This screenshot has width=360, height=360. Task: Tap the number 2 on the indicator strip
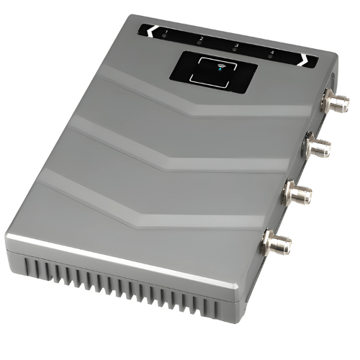(201, 37)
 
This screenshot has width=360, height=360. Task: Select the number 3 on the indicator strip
(236, 45)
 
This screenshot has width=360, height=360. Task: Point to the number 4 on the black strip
(271, 52)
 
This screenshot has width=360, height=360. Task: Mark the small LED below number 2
(199, 43)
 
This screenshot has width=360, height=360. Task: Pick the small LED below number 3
(235, 50)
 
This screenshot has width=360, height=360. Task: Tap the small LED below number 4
(269, 58)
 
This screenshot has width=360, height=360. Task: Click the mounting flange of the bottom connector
(269, 240)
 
